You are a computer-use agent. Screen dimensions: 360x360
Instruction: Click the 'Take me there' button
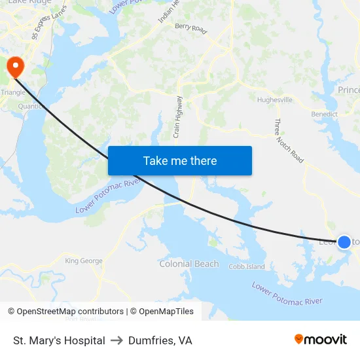(x=180, y=161)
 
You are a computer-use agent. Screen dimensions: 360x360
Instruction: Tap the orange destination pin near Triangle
(x=14, y=65)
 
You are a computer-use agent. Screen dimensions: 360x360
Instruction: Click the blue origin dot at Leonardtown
(x=344, y=242)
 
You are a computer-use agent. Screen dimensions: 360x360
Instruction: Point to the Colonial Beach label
(x=189, y=264)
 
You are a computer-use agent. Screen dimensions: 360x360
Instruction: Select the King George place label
(x=84, y=261)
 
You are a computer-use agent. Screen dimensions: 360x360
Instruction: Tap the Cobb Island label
(x=247, y=267)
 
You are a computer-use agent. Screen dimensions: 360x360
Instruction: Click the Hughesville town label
(x=275, y=100)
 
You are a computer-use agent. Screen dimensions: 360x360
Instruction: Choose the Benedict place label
(x=324, y=114)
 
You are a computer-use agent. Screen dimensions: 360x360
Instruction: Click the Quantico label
(x=31, y=106)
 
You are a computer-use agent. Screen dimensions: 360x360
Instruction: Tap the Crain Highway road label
(x=178, y=117)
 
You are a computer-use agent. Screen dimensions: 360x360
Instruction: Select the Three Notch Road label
(x=289, y=141)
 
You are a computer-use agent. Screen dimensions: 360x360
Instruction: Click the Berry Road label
(x=190, y=28)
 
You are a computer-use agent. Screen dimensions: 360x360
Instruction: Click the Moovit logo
(x=321, y=340)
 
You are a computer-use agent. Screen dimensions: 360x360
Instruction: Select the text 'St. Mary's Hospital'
(x=59, y=340)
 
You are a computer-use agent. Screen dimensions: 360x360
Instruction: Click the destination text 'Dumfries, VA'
(x=160, y=340)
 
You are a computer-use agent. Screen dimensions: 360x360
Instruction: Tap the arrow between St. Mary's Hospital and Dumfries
(x=117, y=340)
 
